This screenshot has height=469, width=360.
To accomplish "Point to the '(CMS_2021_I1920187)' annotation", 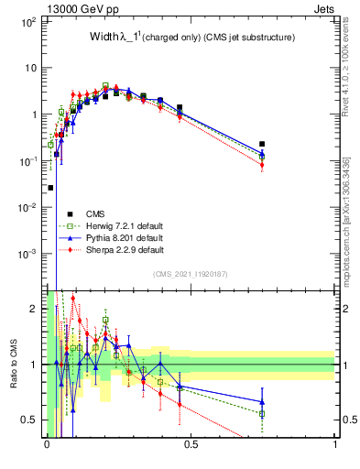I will pyautogui.click(x=190, y=274).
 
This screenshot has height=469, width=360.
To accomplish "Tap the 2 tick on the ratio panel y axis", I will pyautogui.click(x=35, y=309).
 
